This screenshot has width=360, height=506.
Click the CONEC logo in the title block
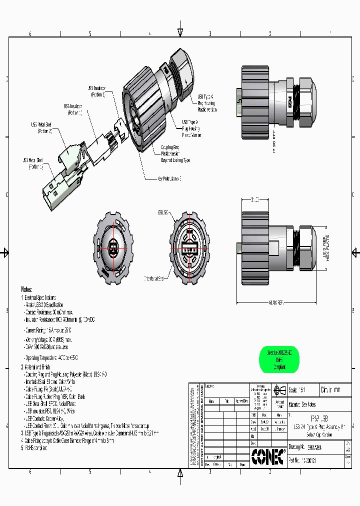coord(268,455)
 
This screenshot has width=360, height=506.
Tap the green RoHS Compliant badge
coord(279,359)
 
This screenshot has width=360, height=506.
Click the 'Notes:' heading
coord(26,289)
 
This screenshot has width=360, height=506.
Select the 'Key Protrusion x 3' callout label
coord(169,178)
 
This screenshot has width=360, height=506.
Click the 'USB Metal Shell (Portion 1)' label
coord(33,163)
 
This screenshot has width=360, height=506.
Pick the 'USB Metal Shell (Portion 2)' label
coord(41,127)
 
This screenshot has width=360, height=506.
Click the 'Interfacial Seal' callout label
coord(156,278)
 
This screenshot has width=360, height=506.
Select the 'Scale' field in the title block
coord(300,390)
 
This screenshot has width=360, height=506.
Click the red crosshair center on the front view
coord(113,248)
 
